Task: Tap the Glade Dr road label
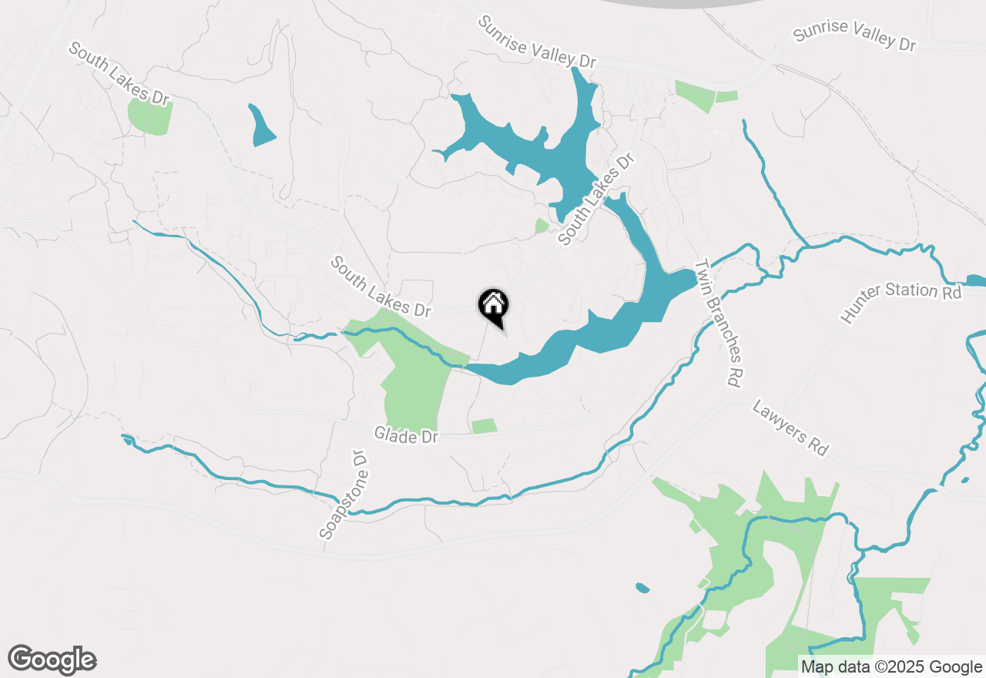[406, 435]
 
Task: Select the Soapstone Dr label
[344, 495]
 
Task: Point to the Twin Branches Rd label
[721, 323]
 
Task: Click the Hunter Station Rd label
[902, 301]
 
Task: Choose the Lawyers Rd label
[790, 428]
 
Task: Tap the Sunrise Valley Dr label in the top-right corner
[854, 35]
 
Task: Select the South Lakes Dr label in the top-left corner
[119, 72]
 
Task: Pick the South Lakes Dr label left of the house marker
[381, 287]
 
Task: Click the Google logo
[52, 660]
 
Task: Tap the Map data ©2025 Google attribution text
[891, 667]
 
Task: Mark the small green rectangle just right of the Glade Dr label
[484, 426]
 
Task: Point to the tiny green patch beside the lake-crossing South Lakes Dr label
[542, 226]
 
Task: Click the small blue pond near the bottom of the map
[642, 589]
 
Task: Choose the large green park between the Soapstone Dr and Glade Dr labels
[416, 385]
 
